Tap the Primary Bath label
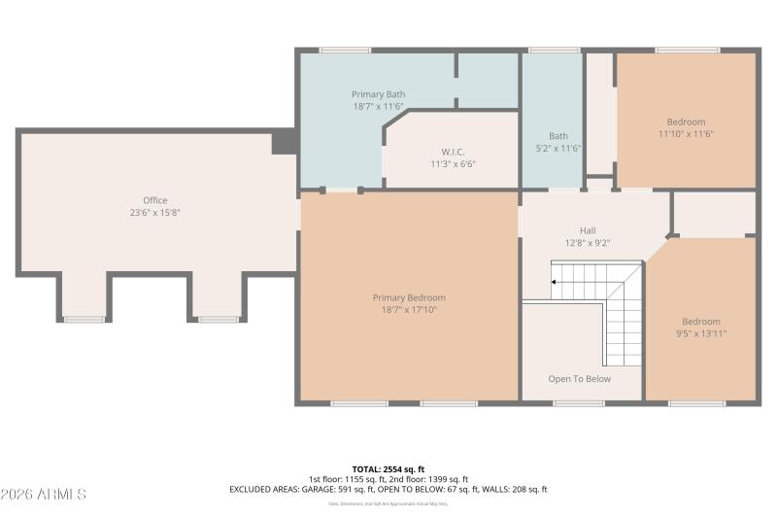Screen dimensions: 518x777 378,94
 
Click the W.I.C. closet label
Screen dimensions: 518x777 453,152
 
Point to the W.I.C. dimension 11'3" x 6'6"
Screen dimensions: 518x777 453,164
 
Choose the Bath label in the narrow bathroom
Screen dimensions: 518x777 557,136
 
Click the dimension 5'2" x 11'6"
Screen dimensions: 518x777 557,149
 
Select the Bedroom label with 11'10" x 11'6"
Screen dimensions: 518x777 687,122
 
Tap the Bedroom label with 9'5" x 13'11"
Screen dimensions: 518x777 700,322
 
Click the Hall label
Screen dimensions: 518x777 588,230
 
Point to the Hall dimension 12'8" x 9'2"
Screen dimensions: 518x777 588,243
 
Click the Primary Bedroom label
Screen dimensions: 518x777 409,297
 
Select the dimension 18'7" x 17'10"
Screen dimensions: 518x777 409,310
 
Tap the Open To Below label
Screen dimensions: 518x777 579,379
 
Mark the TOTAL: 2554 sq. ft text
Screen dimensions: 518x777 388,468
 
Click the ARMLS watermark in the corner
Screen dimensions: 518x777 44,495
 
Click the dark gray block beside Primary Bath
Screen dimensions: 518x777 285,142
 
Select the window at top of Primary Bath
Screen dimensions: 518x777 345,50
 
